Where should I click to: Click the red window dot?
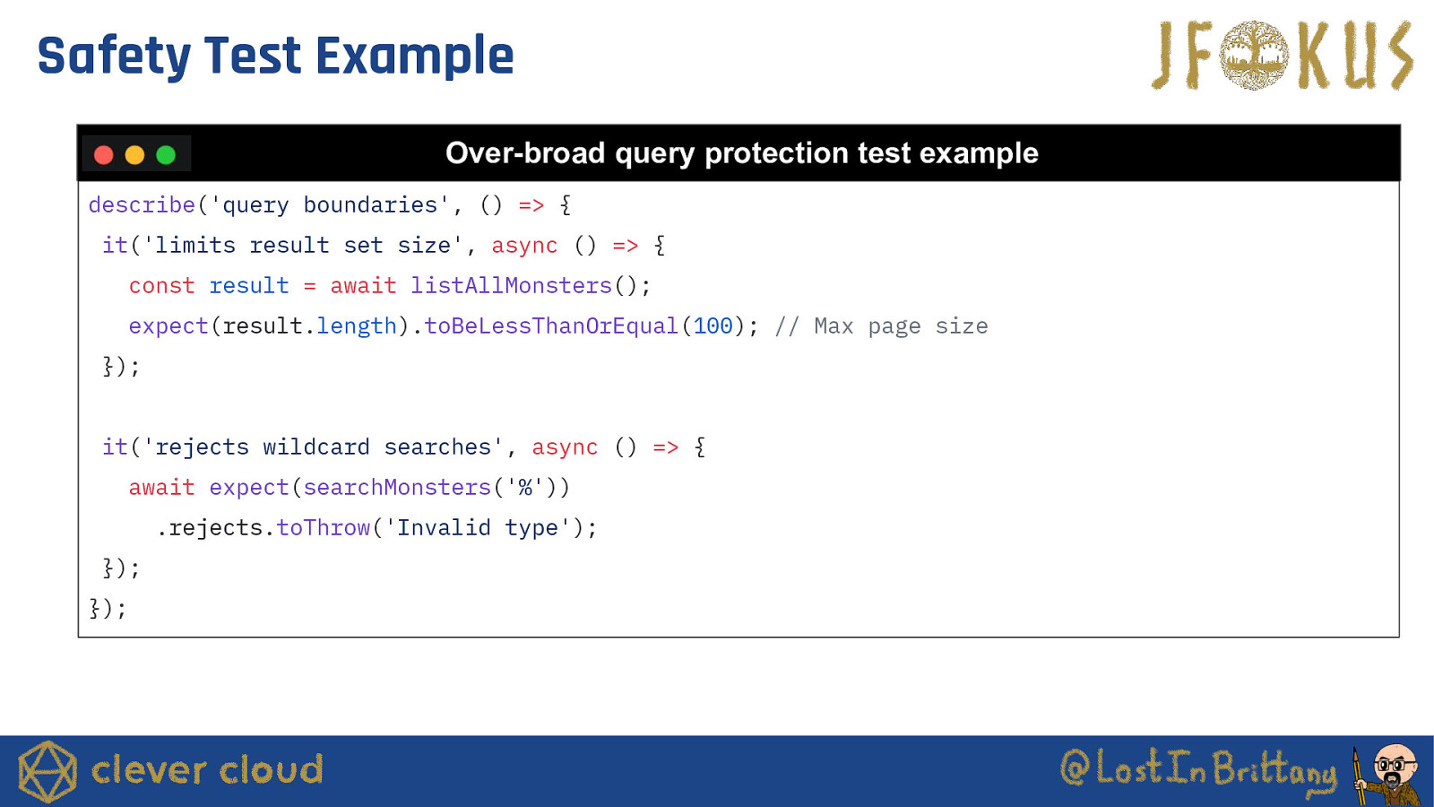(x=104, y=155)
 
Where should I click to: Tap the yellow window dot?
(x=134, y=155)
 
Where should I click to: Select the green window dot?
(x=166, y=155)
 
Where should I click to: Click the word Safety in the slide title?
(x=114, y=57)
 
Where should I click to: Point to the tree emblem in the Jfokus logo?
(x=1254, y=55)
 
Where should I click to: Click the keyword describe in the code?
(x=142, y=205)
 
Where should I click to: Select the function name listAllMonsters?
(x=511, y=286)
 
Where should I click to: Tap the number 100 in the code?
(x=713, y=326)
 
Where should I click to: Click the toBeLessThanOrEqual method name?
(x=550, y=326)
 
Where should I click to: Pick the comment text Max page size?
(x=901, y=326)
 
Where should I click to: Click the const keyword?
(x=161, y=286)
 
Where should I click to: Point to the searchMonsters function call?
(x=397, y=488)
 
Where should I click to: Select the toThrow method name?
(x=324, y=528)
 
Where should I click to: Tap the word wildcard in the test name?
(x=316, y=447)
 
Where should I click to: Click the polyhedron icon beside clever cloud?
(x=48, y=771)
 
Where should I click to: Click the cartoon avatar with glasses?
(x=1389, y=774)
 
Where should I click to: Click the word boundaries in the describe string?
(x=369, y=205)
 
